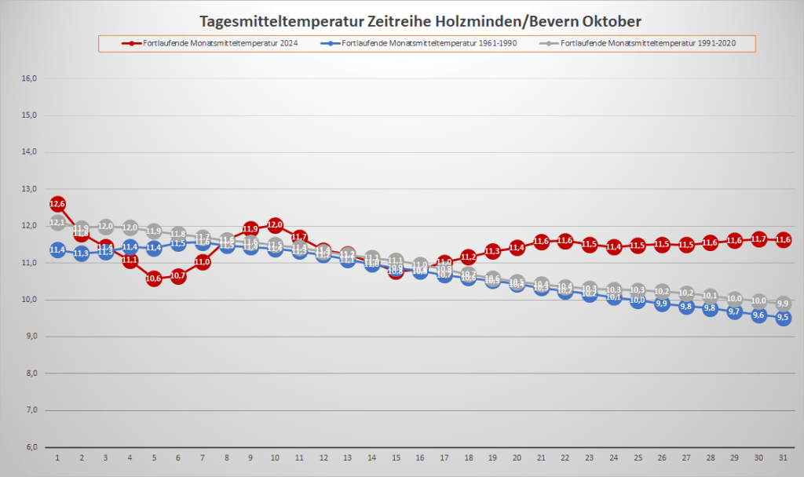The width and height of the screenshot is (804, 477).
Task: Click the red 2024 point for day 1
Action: click(x=57, y=204)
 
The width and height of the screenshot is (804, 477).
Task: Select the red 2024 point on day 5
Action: click(x=154, y=278)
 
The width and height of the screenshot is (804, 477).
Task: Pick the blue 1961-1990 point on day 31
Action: click(x=783, y=318)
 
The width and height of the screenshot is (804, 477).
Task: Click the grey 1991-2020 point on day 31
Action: click(x=783, y=303)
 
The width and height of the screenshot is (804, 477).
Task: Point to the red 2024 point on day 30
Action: click(x=758, y=238)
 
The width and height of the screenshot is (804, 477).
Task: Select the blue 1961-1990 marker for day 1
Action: click(x=57, y=249)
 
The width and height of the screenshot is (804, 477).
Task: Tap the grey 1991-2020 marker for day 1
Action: click(x=57, y=223)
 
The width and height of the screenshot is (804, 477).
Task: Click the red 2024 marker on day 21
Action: click(x=541, y=241)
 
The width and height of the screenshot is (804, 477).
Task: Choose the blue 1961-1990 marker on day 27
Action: click(x=686, y=307)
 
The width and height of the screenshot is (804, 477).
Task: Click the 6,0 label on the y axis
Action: click(x=31, y=447)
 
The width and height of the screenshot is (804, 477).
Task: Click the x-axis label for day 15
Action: click(x=396, y=457)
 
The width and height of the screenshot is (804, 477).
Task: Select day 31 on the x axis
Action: click(x=783, y=457)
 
